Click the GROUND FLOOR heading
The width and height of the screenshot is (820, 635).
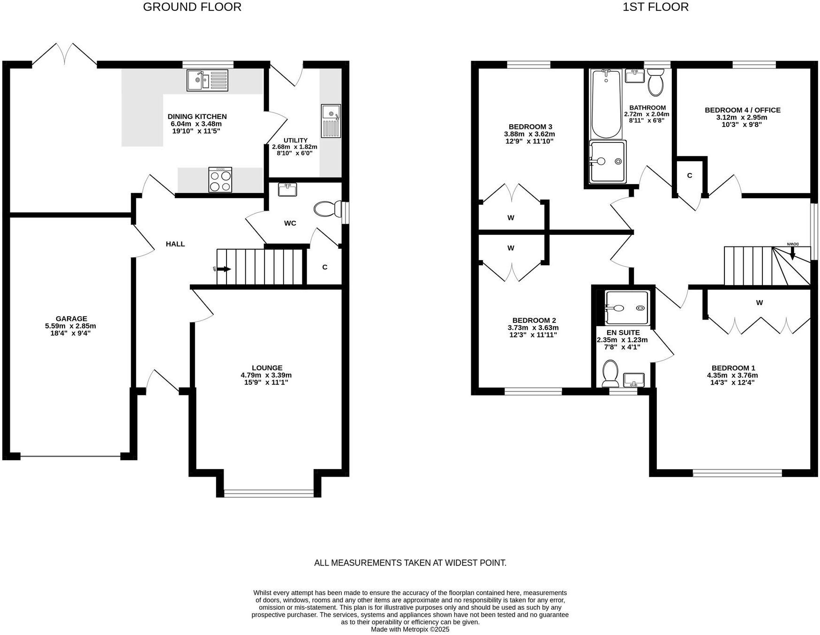pyautogui.click(x=192, y=7)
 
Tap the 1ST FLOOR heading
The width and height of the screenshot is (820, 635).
pyautogui.click(x=655, y=7)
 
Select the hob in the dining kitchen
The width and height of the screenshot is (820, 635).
pyautogui.click(x=220, y=180)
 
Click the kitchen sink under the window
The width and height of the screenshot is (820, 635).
pyautogui.click(x=207, y=80)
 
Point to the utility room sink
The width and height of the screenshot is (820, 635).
pyautogui.click(x=331, y=121)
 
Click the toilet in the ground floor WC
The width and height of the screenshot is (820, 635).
pyautogui.click(x=328, y=209)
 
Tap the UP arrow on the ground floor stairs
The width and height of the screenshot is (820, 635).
pyautogui.click(x=223, y=269)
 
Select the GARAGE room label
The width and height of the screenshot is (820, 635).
pyautogui.click(x=71, y=319)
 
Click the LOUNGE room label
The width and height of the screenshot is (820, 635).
pyautogui.click(x=267, y=368)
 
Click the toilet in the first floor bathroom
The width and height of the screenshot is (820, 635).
pyautogui.click(x=655, y=82)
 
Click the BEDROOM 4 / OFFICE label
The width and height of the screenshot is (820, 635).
pyautogui.click(x=742, y=110)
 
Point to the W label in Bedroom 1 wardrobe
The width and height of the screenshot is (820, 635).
pyautogui.click(x=759, y=303)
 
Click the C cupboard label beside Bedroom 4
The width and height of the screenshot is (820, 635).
pyautogui.click(x=689, y=176)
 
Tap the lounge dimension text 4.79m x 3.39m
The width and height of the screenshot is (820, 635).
pyautogui.click(x=266, y=375)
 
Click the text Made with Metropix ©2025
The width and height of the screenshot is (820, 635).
pyautogui.click(x=410, y=629)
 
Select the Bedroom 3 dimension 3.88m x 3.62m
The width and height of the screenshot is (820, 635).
pyautogui.click(x=530, y=134)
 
